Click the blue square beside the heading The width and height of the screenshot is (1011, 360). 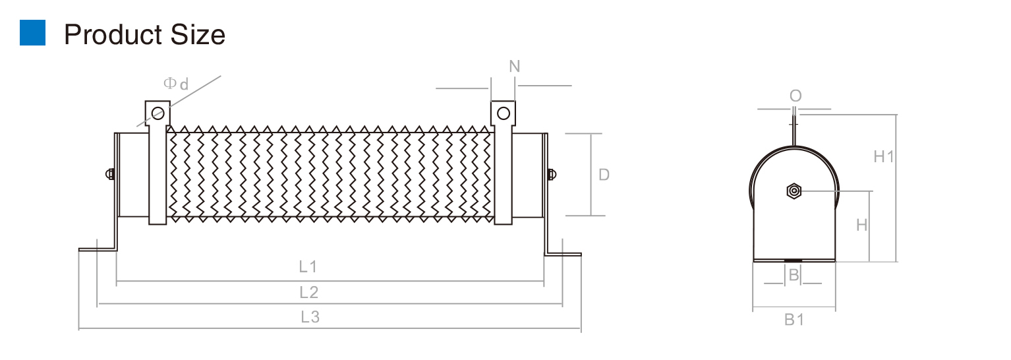click(x=33, y=33)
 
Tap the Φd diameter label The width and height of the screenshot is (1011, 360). click(x=176, y=84)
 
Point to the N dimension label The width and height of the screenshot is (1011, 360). click(x=515, y=67)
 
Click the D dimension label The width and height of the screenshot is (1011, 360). click(x=604, y=175)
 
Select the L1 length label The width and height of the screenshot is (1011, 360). click(x=308, y=267)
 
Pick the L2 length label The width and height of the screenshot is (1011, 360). click(x=308, y=292)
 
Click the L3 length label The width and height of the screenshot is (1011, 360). click(x=310, y=316)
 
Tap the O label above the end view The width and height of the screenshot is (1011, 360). click(x=795, y=96)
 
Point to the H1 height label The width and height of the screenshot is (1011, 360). click(x=884, y=157)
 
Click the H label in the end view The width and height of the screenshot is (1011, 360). click(x=862, y=225)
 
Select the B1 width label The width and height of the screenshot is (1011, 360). click(x=794, y=320)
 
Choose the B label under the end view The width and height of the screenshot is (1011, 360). click(x=794, y=276)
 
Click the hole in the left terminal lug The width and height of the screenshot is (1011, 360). click(x=158, y=113)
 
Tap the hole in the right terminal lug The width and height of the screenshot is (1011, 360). click(x=503, y=113)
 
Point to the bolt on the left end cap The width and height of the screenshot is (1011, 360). click(x=110, y=175)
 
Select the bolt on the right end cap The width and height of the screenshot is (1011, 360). click(x=551, y=175)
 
